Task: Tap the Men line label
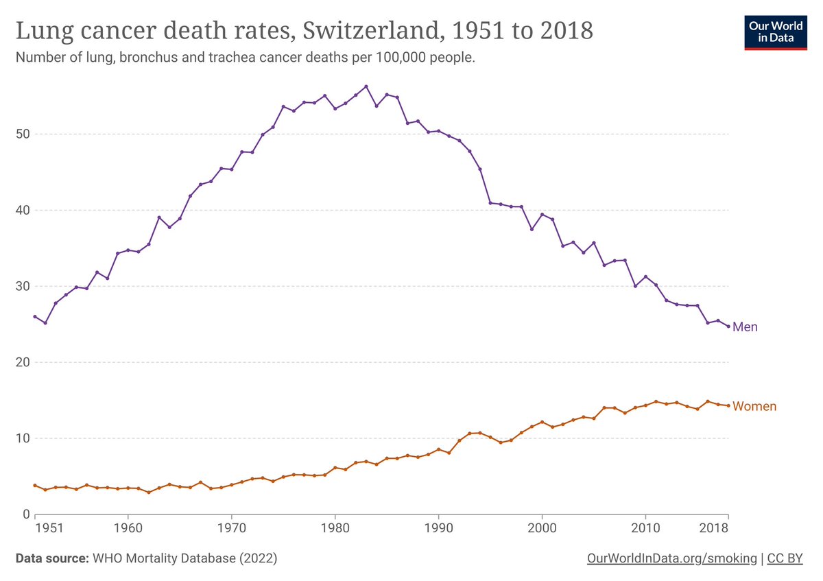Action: (x=745, y=327)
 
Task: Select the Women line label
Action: (x=754, y=407)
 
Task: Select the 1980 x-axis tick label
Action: (x=335, y=529)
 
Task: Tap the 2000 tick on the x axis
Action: (x=542, y=529)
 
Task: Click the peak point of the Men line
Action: (x=366, y=86)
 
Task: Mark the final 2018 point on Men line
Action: (x=728, y=326)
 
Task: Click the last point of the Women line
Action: (x=728, y=406)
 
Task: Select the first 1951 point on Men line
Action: (x=35, y=316)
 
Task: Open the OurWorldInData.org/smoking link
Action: (x=672, y=559)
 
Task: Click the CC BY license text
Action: (x=785, y=559)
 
